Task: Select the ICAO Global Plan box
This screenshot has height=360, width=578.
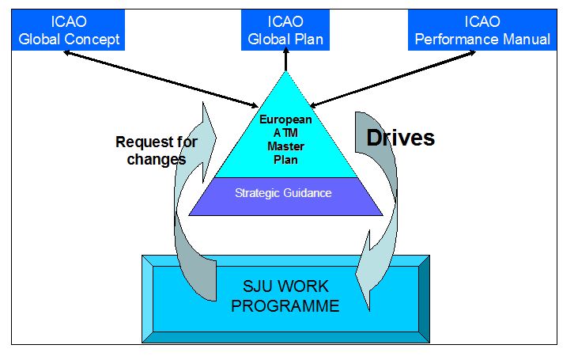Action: (x=286, y=29)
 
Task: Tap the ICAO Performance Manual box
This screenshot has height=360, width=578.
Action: (x=483, y=29)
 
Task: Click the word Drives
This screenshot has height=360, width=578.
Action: (x=401, y=138)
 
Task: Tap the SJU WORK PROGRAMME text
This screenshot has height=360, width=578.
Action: (x=285, y=296)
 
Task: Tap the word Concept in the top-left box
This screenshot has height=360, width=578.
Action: (x=95, y=39)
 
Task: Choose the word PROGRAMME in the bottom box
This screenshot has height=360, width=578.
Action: (x=285, y=306)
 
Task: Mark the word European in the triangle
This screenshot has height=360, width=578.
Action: (x=285, y=119)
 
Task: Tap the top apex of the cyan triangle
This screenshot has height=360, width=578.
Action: (x=286, y=72)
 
